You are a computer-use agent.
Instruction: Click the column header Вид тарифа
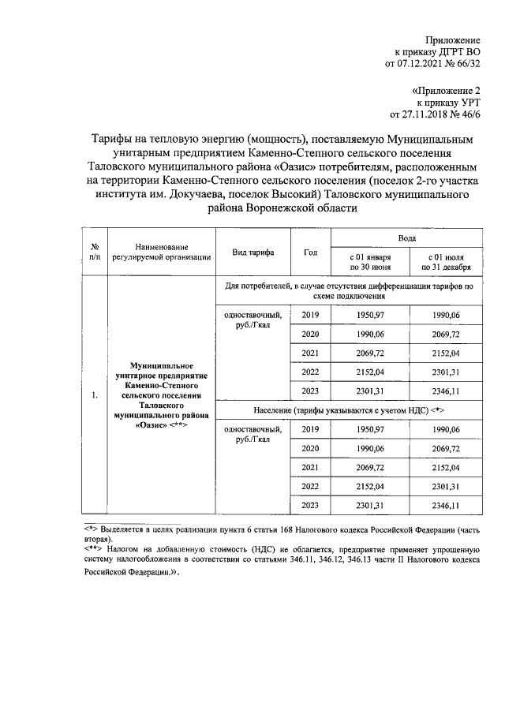[252, 252]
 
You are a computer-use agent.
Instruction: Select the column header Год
[310, 252]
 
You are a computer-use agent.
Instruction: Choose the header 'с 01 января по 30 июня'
[369, 263]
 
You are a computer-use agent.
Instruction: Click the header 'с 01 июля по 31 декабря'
[447, 263]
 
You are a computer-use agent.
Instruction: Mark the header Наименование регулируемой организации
[161, 252]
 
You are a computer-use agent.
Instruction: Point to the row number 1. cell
[95, 395]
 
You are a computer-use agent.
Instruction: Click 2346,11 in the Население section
[447, 505]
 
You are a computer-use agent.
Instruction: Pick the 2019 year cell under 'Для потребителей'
[310, 316]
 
